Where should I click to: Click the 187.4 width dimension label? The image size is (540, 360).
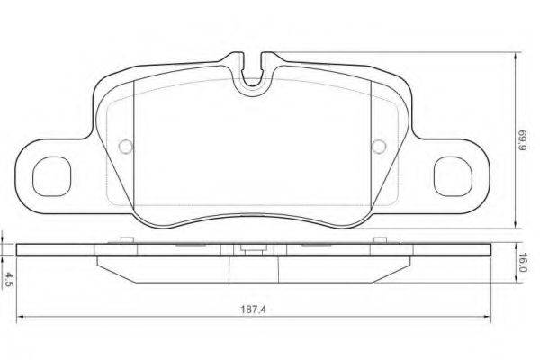click(253, 310)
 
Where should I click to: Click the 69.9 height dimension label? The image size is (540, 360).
click(522, 140)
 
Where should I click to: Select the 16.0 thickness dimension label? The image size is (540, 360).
click(522, 263)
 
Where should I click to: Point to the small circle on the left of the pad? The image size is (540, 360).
click(126, 147)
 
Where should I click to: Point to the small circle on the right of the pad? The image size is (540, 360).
click(379, 147)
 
